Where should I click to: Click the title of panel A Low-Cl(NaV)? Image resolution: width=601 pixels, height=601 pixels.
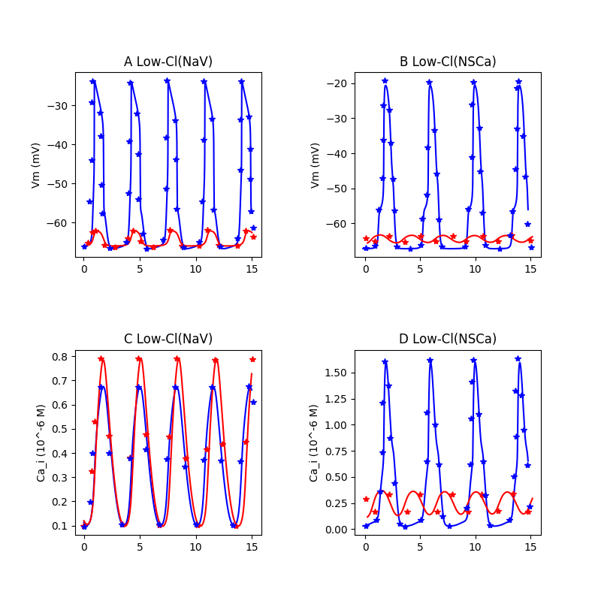pyautogui.click(x=168, y=62)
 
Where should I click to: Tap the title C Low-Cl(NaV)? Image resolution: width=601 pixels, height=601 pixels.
pyautogui.click(x=168, y=339)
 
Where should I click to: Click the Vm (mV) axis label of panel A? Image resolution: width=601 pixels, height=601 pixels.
pyautogui.click(x=35, y=165)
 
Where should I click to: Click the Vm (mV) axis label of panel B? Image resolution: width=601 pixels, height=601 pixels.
pyautogui.click(x=316, y=165)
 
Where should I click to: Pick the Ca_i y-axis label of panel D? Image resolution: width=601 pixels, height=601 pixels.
pyautogui.click(x=313, y=442)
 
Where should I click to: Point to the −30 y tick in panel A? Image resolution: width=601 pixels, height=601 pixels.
pyautogui.click(x=59, y=105)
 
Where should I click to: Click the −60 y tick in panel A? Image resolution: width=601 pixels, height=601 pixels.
pyautogui.click(x=59, y=222)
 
